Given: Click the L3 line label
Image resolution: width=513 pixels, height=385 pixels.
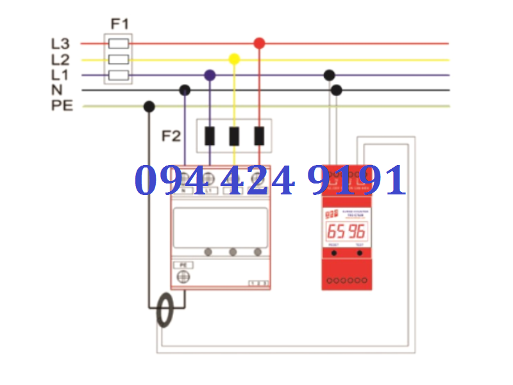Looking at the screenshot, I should coord(60,44).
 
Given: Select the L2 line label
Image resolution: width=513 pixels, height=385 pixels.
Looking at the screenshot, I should coord(60,60).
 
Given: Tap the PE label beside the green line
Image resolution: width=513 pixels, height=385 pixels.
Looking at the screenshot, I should coord(62,106).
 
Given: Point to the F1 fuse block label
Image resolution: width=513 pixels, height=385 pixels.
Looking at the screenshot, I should coord(120,24).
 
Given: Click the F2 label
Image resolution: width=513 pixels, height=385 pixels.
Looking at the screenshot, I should coord(171,137).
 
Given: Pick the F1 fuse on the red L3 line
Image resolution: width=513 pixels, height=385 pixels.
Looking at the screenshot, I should coord(119,44).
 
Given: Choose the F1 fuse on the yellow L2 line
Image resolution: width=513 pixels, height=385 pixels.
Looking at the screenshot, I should coord(119,60).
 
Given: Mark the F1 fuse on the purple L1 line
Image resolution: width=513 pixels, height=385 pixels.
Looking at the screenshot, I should coord(119,75).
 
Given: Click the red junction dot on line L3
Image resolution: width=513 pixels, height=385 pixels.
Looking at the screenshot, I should coord(259,43).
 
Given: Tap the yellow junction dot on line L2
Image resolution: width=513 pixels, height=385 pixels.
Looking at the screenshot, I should coord(234,59).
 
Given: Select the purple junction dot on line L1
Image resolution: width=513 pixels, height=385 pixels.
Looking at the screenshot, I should coord(210,75).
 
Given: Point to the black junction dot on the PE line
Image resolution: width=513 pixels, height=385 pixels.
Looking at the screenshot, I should coord(149,107).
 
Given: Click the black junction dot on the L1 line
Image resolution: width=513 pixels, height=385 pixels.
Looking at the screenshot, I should coord(329,75).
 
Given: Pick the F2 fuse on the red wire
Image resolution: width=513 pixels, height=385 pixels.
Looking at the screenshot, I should coord(259,136).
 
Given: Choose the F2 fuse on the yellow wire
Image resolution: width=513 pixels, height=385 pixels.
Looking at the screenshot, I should coord(234,136).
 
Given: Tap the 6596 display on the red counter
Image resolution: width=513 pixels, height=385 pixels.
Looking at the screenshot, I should coord(346,231).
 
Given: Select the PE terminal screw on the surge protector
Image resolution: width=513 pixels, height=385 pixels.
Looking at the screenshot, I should coord(183,277).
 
